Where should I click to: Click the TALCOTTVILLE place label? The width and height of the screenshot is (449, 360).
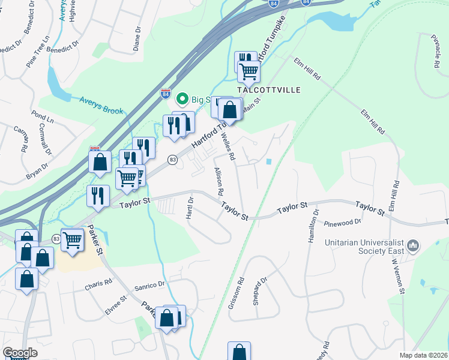coord(268,89)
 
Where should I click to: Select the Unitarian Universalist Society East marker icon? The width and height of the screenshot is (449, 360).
coord(413,245)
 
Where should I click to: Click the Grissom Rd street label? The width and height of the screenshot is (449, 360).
coord(241,289)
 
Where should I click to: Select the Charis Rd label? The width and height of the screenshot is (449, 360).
coord(98,282)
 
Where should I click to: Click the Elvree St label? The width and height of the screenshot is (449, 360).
coord(116,301)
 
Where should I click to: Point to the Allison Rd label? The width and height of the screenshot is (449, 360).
coord(218,181)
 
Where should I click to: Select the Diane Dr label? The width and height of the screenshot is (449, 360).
coord(137,37)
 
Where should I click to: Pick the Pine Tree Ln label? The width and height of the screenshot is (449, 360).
coord(37,55)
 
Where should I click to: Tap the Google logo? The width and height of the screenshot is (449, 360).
coord(20,353)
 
